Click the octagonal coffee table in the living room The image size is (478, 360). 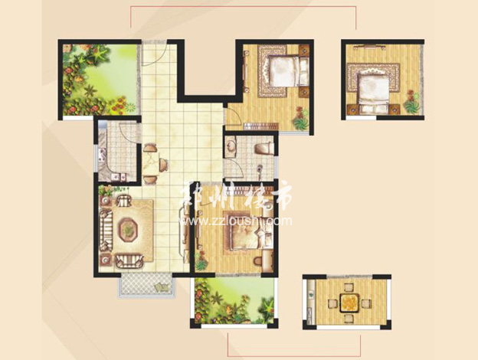(128, 229)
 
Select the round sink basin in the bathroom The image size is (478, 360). (231, 146)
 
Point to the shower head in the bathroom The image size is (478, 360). (260, 168)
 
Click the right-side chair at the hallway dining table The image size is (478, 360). (163, 165)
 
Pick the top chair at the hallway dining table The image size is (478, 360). (150, 148)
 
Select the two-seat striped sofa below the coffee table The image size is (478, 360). (129, 261)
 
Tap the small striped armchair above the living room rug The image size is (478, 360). (123, 200)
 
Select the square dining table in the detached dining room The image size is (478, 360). (348, 303)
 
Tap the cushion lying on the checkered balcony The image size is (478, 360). (162, 288)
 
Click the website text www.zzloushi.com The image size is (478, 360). (237, 221)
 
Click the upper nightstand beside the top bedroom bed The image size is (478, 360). (303, 49)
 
